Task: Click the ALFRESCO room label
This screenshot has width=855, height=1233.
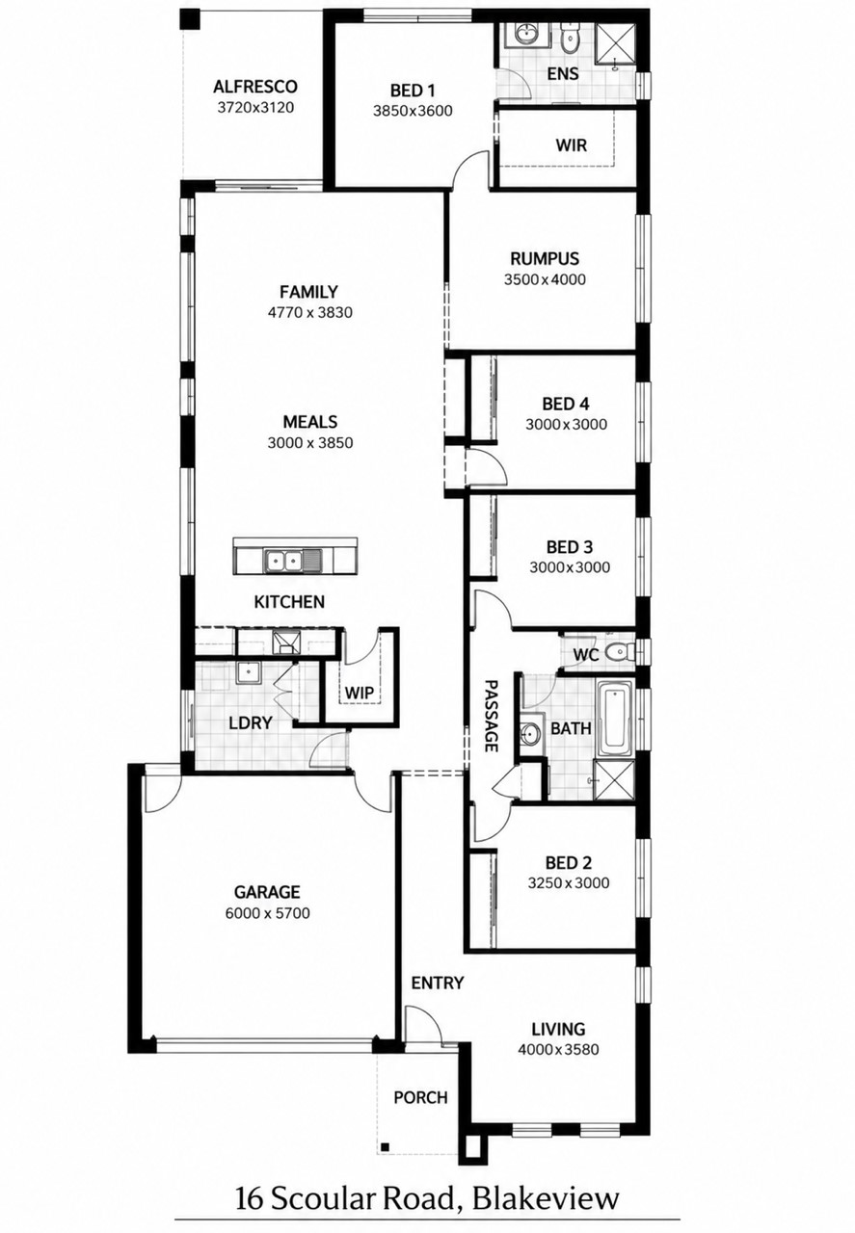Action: pos(255,87)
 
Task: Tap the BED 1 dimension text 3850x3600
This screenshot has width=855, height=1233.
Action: pos(413,111)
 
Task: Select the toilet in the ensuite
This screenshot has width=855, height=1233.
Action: pos(569,38)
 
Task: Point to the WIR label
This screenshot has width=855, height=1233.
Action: pos(571,145)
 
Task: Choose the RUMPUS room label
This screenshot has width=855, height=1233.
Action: pos(545,258)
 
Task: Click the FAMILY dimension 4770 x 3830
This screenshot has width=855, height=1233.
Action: pos(309,313)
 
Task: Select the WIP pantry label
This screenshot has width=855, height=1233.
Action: pos(360,692)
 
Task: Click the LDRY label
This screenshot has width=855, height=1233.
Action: pos(251,722)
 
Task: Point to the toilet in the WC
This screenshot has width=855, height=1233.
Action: pos(619,653)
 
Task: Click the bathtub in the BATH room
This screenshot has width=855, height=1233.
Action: pos(615,719)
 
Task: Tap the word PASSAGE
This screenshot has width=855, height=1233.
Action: pos(491,716)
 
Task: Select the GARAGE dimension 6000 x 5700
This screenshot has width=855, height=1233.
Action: pos(267,913)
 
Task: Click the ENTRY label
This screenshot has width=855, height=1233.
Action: pos(438,983)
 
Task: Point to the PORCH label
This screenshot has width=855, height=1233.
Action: pos(420,1097)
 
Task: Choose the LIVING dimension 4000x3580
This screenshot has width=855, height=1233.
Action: pos(558,1049)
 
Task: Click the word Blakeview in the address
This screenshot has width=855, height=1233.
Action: pos(546,1182)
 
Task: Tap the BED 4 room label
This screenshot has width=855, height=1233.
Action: pos(566,404)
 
